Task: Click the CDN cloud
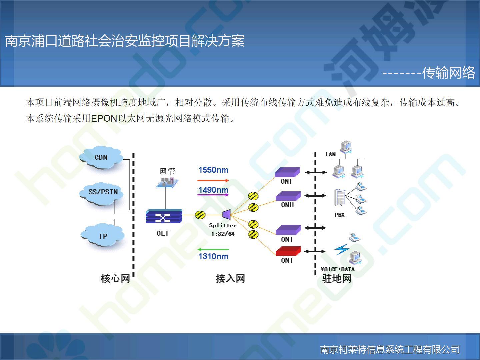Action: click(101, 157)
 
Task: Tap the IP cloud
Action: click(102, 235)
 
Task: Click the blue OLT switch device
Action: click(164, 216)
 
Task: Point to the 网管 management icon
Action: click(167, 183)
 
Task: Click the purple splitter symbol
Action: click(227, 214)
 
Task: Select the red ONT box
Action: click(288, 251)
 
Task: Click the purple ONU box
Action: click(288, 196)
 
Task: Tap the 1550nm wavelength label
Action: click(213, 170)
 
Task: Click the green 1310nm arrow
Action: click(213, 249)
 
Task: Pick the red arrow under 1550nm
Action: click(213, 181)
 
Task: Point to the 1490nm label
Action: click(213, 190)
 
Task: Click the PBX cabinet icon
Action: click(340, 197)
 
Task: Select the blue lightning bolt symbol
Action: click(342, 249)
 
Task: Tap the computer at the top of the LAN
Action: click(346, 147)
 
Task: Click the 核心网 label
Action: click(115, 279)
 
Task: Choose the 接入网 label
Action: click(230, 279)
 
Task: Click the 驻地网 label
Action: click(337, 279)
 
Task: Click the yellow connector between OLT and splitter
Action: click(200, 215)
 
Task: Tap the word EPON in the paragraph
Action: click(104, 119)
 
